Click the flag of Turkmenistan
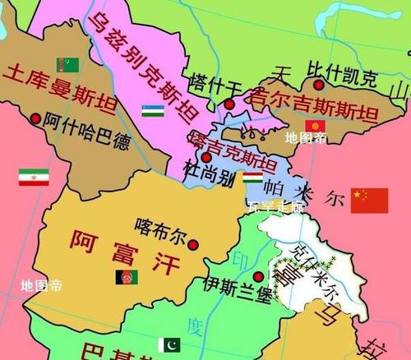(66, 63)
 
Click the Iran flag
(34, 177)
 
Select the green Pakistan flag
(169, 344)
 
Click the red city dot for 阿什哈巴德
(35, 118)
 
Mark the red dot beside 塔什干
(229, 104)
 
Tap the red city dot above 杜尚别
(206, 156)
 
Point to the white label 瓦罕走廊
(275, 208)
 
